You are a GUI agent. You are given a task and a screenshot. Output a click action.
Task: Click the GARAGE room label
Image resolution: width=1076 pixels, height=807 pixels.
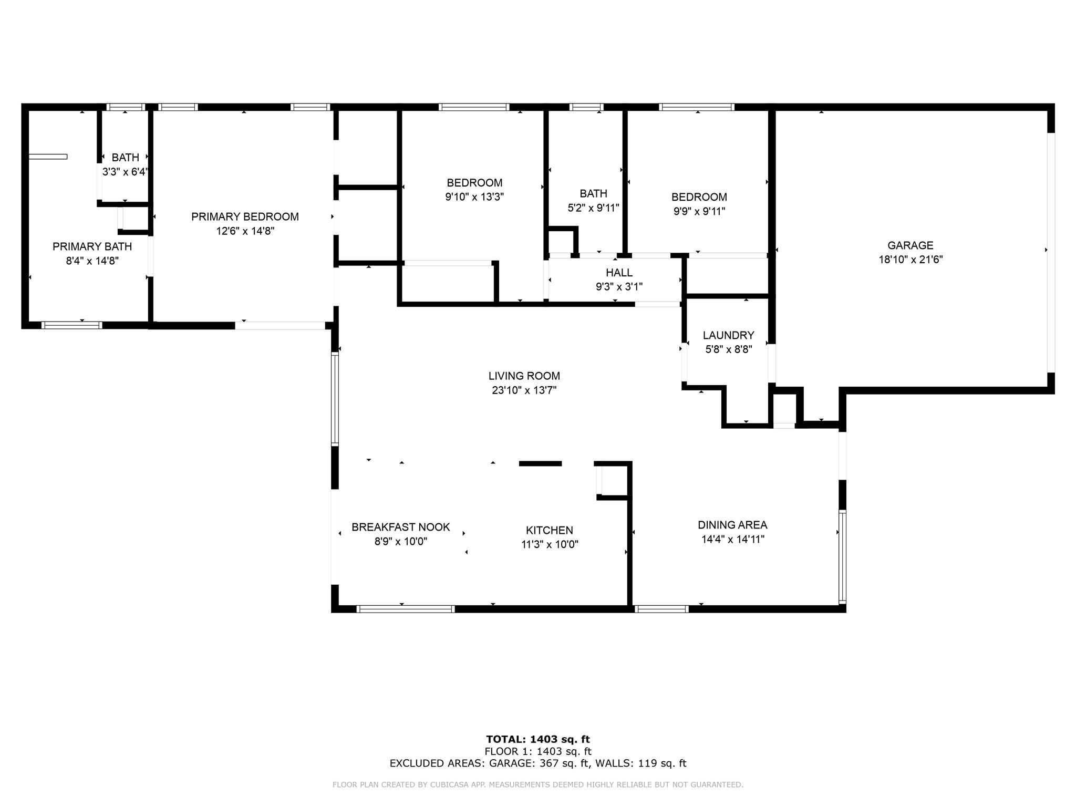(x=911, y=245)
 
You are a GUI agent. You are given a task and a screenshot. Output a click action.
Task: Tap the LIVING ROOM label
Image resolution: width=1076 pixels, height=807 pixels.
(x=524, y=376)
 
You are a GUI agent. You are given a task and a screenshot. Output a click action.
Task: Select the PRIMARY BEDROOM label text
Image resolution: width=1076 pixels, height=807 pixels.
(x=245, y=217)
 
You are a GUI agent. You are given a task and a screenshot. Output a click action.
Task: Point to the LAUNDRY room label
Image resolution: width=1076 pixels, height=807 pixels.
(x=728, y=335)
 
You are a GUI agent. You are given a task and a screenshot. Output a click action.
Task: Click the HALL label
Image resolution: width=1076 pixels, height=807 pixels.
(x=619, y=273)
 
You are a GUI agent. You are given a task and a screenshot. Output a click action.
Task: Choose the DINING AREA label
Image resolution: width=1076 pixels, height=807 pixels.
(x=732, y=525)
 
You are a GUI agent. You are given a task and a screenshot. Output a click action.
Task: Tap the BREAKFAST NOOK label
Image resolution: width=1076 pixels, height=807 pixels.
(x=401, y=527)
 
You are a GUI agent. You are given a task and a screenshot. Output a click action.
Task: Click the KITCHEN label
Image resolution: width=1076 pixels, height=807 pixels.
(x=550, y=531)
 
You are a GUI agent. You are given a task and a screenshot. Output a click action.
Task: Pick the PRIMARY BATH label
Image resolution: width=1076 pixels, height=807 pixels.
(x=92, y=247)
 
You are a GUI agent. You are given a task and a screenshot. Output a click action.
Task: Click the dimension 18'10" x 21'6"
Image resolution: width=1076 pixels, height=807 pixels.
(x=911, y=260)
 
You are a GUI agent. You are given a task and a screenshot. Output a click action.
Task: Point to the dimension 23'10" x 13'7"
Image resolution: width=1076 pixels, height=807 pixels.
(x=524, y=390)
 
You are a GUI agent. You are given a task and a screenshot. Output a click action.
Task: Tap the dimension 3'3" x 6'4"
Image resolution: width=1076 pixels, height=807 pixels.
(x=126, y=172)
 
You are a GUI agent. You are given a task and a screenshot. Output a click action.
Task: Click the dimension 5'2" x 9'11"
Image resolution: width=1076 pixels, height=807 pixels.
(x=594, y=208)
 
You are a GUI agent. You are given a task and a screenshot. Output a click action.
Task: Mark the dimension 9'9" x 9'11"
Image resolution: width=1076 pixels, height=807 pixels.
(x=699, y=211)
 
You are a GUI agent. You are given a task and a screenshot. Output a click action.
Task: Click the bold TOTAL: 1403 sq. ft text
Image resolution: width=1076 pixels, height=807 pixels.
(x=538, y=740)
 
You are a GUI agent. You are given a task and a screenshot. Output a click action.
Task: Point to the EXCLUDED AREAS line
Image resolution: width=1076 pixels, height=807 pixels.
(x=538, y=763)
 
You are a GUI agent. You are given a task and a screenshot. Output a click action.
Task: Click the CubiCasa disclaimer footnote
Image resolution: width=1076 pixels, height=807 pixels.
(x=538, y=785)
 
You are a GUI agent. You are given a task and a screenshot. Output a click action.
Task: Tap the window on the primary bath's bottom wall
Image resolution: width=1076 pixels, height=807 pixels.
(x=72, y=325)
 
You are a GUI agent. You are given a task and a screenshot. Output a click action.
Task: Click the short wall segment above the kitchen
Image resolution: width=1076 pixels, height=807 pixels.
(x=541, y=463)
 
